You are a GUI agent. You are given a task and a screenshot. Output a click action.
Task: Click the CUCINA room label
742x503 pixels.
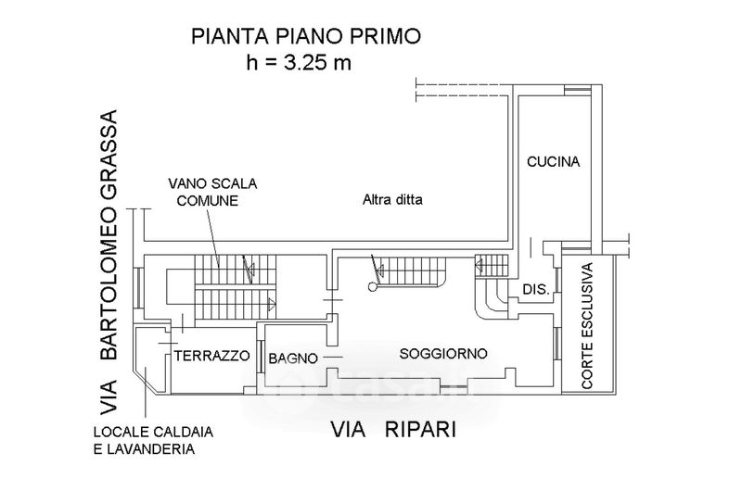point(553,162)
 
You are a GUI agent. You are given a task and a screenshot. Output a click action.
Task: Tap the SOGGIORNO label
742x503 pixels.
point(443,353)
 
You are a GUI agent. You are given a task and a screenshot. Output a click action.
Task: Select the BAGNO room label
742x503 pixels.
point(293,358)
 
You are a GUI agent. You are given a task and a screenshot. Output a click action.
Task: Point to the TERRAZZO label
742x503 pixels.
point(211,356)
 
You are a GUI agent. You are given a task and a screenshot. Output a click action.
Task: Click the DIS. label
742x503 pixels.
point(536,289)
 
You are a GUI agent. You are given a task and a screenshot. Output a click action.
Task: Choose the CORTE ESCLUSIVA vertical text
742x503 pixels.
point(587,326)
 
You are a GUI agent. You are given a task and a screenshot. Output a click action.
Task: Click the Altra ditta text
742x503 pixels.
point(392,200)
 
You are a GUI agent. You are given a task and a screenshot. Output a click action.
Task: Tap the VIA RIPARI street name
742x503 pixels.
point(393,430)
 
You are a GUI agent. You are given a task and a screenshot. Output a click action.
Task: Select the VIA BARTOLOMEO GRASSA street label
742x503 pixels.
point(109,262)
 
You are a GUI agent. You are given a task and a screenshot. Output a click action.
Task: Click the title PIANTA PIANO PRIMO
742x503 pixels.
point(306,36)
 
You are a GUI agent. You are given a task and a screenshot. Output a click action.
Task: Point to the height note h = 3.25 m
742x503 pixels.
point(299,63)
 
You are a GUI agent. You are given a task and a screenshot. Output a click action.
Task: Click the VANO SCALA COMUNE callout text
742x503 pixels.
point(212,192)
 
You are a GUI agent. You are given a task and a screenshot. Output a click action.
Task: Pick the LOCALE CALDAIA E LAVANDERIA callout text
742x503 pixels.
point(153,440)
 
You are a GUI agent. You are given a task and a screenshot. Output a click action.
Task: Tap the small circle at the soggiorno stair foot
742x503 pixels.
point(373,286)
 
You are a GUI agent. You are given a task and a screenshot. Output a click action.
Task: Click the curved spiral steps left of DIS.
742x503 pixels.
point(492,298)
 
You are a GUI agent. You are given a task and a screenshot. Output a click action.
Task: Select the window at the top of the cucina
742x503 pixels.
point(578,90)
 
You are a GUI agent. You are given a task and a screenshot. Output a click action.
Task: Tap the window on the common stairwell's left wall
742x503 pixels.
point(136,288)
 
